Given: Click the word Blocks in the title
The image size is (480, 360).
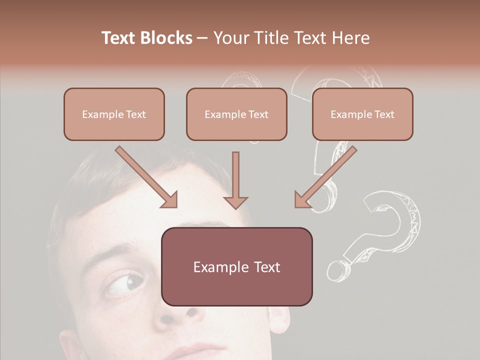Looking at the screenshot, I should [x=164, y=38].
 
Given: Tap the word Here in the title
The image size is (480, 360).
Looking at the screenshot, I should [x=351, y=38].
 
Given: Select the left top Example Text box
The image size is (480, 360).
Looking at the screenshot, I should [x=114, y=114].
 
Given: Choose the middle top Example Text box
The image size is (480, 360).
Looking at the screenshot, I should [x=236, y=114].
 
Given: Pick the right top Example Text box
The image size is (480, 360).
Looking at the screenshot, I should [x=362, y=114].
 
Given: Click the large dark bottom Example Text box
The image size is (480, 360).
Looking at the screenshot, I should [x=236, y=266].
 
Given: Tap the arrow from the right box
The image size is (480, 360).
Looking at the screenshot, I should [x=325, y=177].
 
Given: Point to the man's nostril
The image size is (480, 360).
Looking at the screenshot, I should [x=191, y=313].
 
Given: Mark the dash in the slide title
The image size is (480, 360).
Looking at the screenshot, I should [x=202, y=38].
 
